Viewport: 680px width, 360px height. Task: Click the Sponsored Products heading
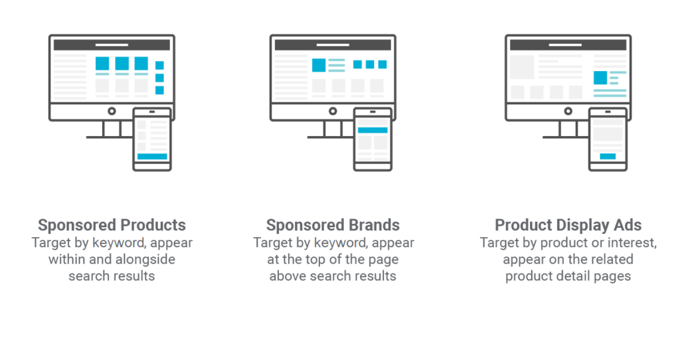coord(112,225)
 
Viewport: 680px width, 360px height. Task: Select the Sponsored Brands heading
coord(333,225)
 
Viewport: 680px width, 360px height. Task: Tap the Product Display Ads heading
coord(568,225)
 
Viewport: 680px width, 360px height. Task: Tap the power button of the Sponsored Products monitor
coord(112,111)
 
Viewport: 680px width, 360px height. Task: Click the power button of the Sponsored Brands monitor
coord(333,111)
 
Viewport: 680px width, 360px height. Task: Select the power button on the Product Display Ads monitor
coord(568,111)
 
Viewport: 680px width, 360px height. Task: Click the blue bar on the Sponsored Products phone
coord(152,157)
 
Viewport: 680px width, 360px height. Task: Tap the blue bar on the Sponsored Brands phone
coord(373,130)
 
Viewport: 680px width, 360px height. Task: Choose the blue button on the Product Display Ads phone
coord(608,156)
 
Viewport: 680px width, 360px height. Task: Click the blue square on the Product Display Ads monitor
coord(600,78)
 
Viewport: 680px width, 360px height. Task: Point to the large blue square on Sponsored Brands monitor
coord(319,65)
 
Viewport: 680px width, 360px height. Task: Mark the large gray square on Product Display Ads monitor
coord(522,67)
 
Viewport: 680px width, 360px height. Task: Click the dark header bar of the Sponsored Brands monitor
coord(333,45)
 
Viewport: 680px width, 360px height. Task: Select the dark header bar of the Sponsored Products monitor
coord(112,45)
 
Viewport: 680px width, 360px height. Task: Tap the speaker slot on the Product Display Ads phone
coord(608,112)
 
